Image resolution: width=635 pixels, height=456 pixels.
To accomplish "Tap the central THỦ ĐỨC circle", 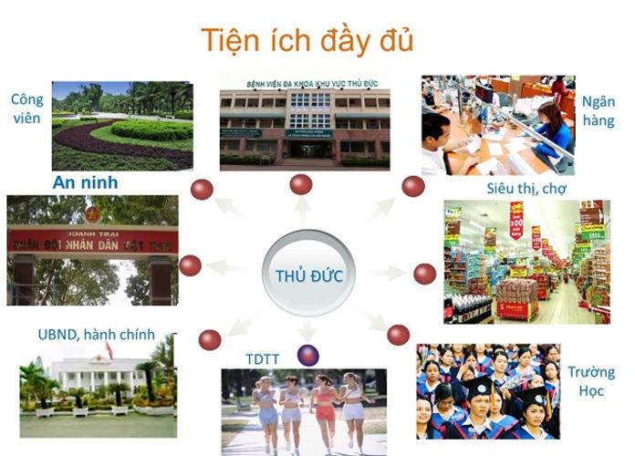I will coord(308,275).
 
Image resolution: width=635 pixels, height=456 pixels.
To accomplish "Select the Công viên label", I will coord(27,109).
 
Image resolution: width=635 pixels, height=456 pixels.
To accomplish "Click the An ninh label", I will coord(85,182).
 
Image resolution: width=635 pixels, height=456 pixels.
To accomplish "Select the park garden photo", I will coord(122,124).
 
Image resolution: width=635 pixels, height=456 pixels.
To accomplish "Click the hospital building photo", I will coord(304,122).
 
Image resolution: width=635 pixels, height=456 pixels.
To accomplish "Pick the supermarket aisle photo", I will coord(526,262).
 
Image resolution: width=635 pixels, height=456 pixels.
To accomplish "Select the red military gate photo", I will coord(92,250).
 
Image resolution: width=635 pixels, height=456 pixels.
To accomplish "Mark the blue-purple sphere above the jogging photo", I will coord(308,355).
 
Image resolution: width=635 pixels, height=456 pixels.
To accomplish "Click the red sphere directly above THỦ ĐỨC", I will coord(301,184).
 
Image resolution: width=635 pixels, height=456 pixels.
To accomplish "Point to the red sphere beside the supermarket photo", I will coord(424,274).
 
